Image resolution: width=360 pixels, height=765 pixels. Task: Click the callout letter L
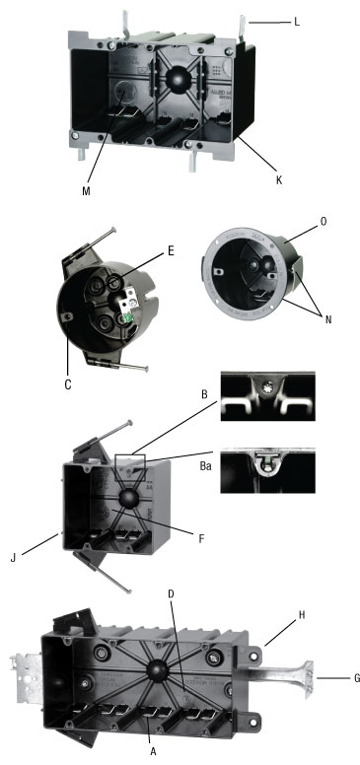point(297,22)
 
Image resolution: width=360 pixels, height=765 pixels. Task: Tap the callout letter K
point(279,180)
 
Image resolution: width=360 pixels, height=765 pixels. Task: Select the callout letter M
point(86,190)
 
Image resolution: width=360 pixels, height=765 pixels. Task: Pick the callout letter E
point(171,251)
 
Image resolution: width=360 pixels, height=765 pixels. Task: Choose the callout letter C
point(68,384)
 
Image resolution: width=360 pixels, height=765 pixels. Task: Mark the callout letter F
point(201,539)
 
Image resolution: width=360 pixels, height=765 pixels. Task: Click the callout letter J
point(14,557)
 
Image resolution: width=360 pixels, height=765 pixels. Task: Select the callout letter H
point(302,616)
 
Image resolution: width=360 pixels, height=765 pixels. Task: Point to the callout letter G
point(357,677)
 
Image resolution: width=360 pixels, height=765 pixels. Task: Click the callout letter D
point(171,593)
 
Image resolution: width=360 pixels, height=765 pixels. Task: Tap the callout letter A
point(153,752)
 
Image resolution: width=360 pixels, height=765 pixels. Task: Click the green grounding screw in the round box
point(128,318)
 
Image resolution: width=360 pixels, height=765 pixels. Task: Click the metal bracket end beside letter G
point(309,678)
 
